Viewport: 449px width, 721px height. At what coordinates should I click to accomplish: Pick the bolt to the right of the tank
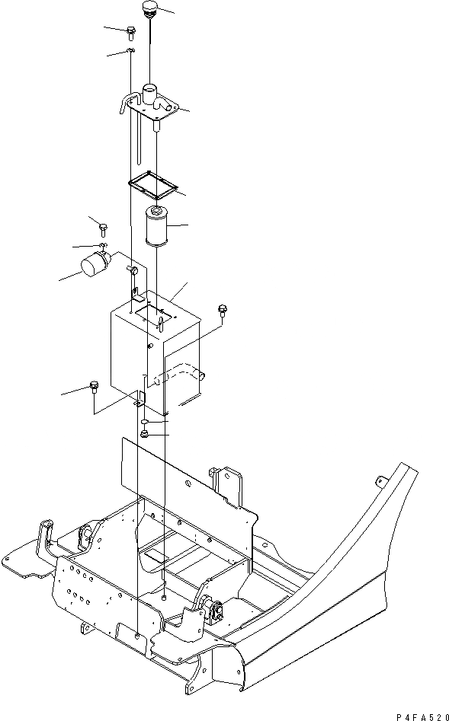point(223,309)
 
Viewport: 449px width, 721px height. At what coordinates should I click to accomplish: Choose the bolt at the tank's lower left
point(95,386)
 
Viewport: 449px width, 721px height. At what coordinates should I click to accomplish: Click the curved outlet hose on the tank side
point(180,375)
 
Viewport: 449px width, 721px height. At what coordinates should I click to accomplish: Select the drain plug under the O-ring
point(144,435)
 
